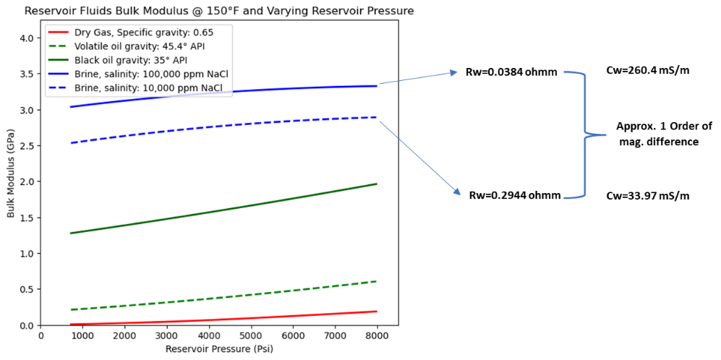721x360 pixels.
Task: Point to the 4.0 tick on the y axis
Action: click(27, 38)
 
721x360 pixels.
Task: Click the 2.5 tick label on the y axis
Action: click(27, 146)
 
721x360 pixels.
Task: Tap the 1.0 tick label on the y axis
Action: click(27, 254)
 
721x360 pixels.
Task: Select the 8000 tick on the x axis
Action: click(377, 336)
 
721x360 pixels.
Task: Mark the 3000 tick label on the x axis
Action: click(167, 336)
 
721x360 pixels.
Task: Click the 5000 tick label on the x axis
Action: click(251, 336)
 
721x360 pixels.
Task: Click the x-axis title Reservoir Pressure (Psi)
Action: click(219, 349)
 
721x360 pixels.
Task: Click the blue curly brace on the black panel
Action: click(585, 134)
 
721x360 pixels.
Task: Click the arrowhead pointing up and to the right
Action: click(453, 72)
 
